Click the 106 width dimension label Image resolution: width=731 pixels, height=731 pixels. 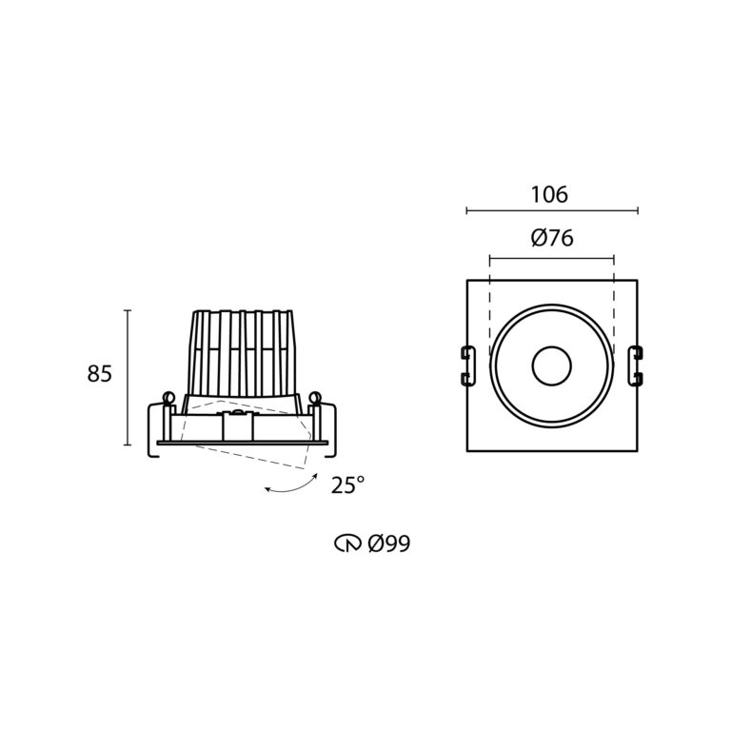tap(549, 194)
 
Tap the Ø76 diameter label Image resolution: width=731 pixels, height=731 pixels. tap(552, 238)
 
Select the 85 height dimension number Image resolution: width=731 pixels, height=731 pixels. tap(99, 373)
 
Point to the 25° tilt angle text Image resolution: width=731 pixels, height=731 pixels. tap(347, 484)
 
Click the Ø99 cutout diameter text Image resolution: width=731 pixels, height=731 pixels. tap(389, 543)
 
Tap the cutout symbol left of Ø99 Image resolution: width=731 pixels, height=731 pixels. tap(347, 543)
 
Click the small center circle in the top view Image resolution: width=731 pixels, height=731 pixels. tap(551, 365)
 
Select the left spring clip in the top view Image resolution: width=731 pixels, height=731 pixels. tap(467, 365)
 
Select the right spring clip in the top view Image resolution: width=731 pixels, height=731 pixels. tap(636, 365)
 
